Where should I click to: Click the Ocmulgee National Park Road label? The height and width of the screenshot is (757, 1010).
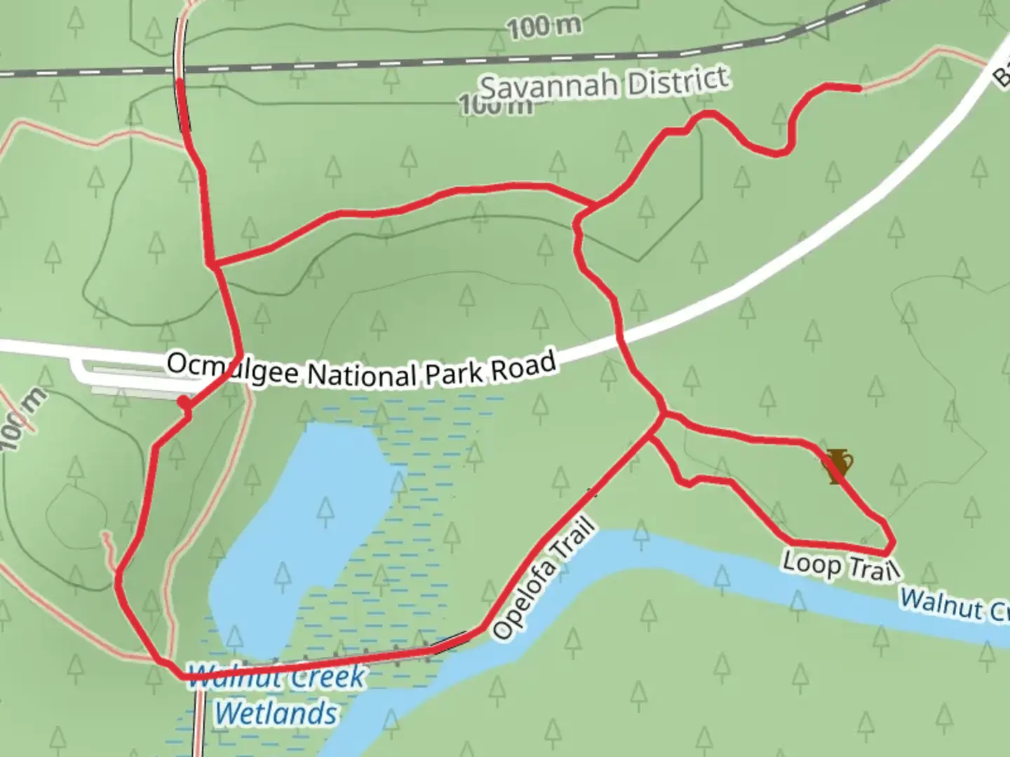(361, 370)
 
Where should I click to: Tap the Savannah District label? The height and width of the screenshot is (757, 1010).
(603, 84)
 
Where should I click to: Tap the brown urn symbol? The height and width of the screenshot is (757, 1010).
(837, 466)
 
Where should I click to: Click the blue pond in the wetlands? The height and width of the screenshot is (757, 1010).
(302, 533)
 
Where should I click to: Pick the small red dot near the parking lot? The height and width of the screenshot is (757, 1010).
(183, 402)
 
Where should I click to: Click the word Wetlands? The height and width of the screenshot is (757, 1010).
(276, 714)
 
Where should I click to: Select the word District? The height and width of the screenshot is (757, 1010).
(678, 79)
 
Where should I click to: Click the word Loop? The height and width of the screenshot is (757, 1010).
(811, 562)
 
